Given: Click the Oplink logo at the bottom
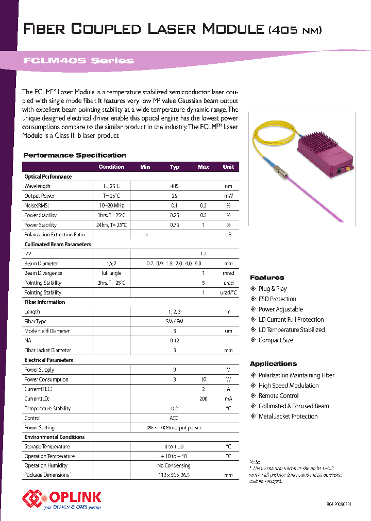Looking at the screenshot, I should (x=62, y=497).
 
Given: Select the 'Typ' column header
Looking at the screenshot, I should (x=175, y=167).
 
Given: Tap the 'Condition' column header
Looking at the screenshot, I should (x=111, y=167).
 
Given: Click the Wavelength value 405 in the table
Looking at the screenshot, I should (x=174, y=186).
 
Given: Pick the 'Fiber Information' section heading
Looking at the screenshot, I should (x=45, y=302).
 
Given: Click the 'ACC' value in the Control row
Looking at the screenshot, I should (x=174, y=418).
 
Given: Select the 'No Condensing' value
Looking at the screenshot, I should (x=174, y=465).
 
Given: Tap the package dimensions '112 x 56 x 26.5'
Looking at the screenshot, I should (x=174, y=475).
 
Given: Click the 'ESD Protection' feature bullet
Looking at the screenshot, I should (x=277, y=299).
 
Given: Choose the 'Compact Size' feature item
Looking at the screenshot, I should (x=276, y=340).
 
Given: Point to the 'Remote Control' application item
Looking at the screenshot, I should (x=278, y=396).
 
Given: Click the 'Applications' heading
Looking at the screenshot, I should (x=273, y=363).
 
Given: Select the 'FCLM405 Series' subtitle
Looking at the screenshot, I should (x=78, y=61).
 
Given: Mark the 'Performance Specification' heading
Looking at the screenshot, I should (x=75, y=155).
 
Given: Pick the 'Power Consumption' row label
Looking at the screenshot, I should (x=46, y=379).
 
